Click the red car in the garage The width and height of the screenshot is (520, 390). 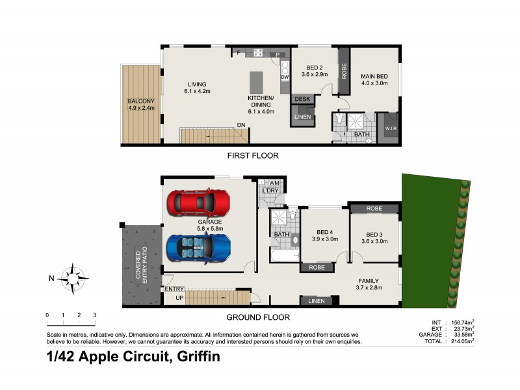click(x=198, y=202)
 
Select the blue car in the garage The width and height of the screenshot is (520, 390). click(x=198, y=246)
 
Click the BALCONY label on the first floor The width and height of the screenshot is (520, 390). click(x=141, y=101)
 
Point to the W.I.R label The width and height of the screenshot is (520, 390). click(x=390, y=127)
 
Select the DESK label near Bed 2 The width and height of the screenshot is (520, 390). click(x=302, y=99)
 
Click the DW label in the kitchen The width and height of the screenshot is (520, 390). click(x=285, y=77)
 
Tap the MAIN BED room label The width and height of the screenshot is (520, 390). click(x=374, y=76)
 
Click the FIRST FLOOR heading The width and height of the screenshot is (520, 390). click(x=253, y=156)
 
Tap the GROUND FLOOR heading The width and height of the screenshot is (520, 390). click(x=257, y=317)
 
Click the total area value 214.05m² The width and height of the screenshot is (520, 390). click(x=460, y=340)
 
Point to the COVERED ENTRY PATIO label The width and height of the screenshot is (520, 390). click(x=141, y=265)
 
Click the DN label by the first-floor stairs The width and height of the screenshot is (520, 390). click(x=240, y=124)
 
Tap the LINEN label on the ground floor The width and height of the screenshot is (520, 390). click(x=318, y=300)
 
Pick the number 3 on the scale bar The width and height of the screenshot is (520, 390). click(x=95, y=315)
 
